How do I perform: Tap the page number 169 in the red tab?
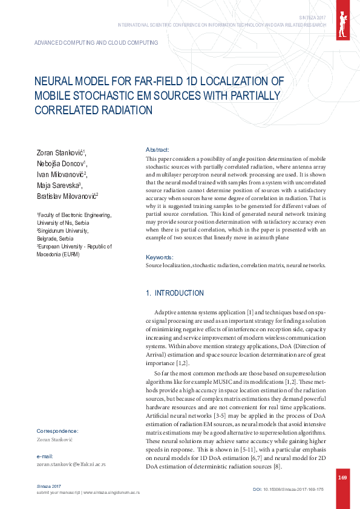tap(342, 478)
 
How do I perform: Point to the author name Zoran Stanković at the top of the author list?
tap(59, 152)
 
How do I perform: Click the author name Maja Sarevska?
tap(59, 185)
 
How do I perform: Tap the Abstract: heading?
tap(157, 149)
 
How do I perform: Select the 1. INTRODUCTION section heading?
tap(175, 293)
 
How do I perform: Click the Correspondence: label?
tap(57, 431)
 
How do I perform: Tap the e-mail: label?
tap(46, 456)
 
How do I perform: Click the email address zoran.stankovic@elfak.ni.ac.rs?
tap(71, 464)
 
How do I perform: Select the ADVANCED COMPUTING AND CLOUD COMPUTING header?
tap(96, 43)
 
